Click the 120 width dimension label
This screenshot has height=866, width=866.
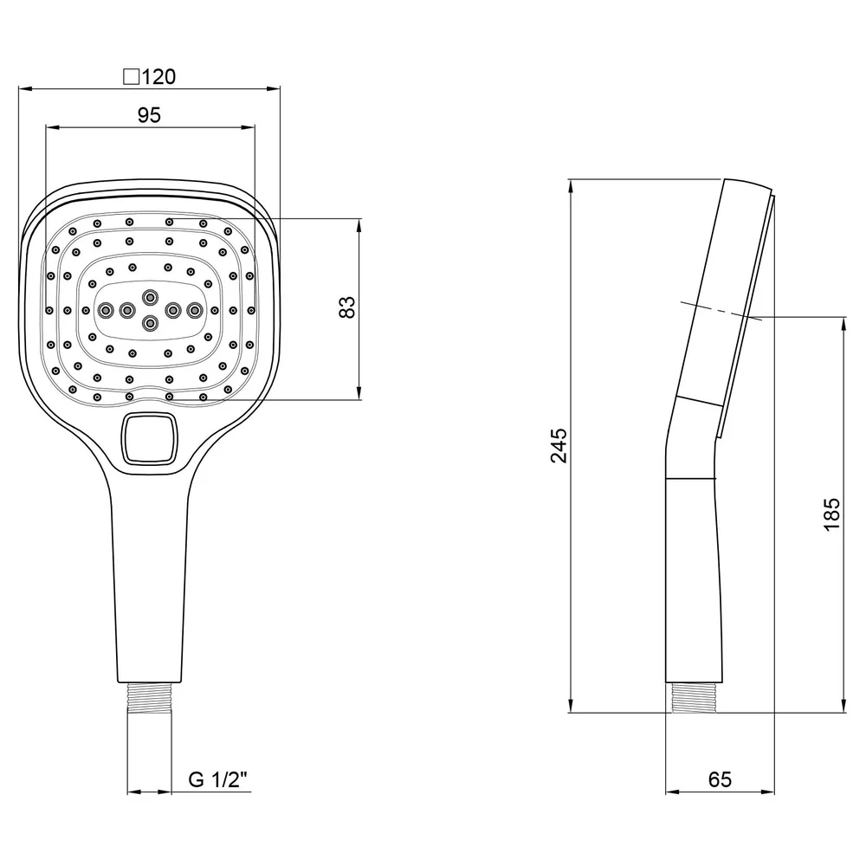(158, 77)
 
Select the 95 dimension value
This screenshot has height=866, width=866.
(149, 115)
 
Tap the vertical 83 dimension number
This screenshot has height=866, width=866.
(347, 307)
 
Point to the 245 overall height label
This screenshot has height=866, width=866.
(559, 445)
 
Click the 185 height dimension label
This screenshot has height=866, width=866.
(831, 514)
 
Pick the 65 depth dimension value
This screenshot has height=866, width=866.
(720, 779)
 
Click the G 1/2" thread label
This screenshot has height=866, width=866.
(217, 779)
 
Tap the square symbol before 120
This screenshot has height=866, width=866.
(131, 77)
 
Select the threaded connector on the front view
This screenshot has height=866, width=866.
(150, 698)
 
